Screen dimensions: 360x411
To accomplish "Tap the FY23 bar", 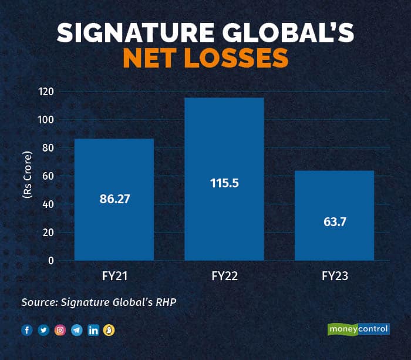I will click(x=334, y=194).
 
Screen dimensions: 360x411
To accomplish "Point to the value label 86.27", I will click(x=114, y=199).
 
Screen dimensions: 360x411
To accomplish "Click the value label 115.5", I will click(x=224, y=183).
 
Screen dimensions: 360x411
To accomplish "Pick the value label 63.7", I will click(x=334, y=223).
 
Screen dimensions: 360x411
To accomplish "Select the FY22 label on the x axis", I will click(x=224, y=275).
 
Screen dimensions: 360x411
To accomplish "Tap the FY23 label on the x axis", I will click(x=334, y=275).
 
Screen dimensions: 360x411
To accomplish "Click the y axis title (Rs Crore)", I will click(x=27, y=176).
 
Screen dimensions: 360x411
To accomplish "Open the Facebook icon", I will click(x=26, y=330).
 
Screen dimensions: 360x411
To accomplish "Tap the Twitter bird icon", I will click(x=43, y=330).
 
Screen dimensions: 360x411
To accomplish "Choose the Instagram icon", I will click(x=59, y=330).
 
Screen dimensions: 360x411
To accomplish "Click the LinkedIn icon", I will click(x=93, y=330).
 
